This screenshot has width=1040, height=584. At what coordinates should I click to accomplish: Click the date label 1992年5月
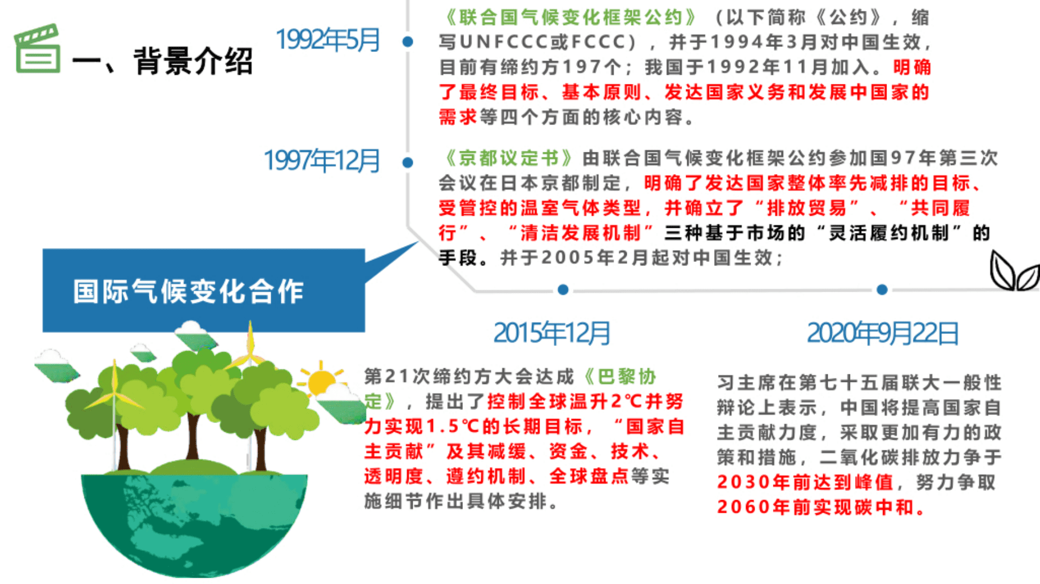tap(328, 40)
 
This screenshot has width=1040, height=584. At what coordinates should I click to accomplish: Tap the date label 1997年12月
tap(321, 161)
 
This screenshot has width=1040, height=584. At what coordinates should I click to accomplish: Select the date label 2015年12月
tap(551, 333)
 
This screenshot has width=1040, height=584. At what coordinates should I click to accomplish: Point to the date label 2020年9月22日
tap(882, 333)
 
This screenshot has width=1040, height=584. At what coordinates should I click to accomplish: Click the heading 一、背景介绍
tap(163, 61)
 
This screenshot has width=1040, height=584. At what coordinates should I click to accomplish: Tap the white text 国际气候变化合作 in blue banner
tap(188, 292)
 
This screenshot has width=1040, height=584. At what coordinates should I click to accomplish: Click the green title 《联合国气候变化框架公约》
tap(571, 17)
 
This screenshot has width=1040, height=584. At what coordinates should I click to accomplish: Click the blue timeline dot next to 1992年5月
tap(408, 42)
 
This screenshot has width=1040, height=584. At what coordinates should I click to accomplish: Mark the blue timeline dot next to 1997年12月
tap(408, 163)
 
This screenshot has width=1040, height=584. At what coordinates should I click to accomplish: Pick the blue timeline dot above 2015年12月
tap(563, 289)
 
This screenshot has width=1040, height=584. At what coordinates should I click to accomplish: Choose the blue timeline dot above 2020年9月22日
tap(882, 289)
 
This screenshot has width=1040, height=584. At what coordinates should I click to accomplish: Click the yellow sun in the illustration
tap(321, 380)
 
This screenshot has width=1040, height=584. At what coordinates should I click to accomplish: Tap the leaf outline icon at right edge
tap(1013, 271)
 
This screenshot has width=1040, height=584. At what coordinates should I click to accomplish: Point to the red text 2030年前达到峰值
tap(805, 482)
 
